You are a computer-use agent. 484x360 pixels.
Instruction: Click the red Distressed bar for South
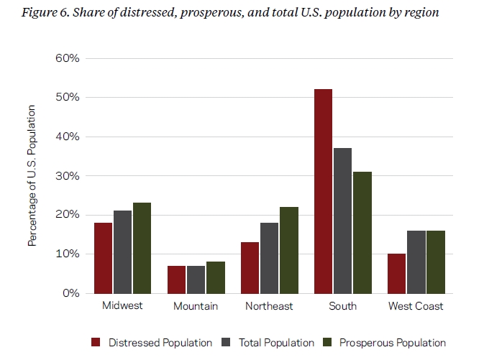click(323, 191)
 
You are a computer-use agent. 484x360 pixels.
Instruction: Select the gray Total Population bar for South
click(343, 221)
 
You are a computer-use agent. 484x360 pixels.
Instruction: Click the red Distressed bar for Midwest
click(103, 258)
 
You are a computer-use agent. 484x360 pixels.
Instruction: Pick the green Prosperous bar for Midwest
click(142, 248)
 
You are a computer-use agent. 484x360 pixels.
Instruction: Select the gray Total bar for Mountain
click(196, 280)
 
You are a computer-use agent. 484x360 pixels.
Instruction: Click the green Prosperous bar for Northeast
click(288, 250)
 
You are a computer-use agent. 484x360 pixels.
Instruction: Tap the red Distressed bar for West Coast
click(396, 273)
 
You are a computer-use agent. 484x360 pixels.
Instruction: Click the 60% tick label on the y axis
click(67, 58)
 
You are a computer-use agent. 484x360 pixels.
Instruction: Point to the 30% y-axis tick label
click(67, 175)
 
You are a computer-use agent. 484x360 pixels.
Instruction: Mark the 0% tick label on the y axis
click(70, 293)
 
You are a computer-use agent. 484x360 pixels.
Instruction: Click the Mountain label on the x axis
click(196, 306)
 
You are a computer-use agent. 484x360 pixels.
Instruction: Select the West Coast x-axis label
click(416, 306)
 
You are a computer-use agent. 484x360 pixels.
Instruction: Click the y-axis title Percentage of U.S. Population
click(32, 175)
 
